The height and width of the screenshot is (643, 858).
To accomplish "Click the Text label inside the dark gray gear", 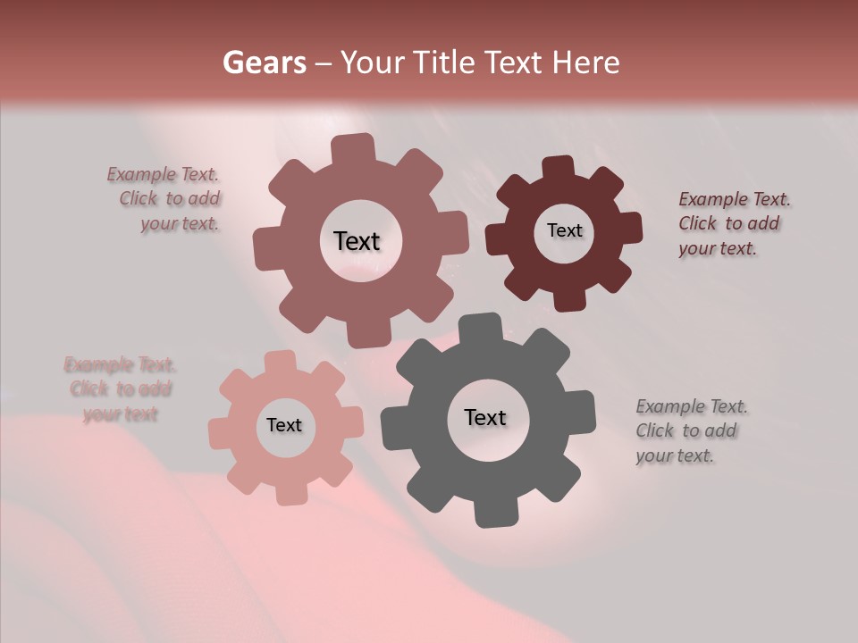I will click(x=485, y=418).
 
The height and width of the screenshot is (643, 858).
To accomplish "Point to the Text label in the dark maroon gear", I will click(x=564, y=230).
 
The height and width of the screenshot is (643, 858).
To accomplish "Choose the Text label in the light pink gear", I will click(x=284, y=426).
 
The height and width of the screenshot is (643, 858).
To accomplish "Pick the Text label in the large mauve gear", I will click(x=357, y=241).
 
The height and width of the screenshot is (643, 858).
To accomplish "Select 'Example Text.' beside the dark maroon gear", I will click(x=735, y=199).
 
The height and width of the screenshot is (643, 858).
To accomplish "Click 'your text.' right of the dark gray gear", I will click(x=675, y=455).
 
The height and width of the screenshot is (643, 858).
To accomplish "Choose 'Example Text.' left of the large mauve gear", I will click(x=163, y=175).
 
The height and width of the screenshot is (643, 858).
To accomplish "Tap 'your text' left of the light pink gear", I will click(x=120, y=414).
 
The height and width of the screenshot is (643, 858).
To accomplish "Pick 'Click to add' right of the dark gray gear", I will click(x=686, y=430).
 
